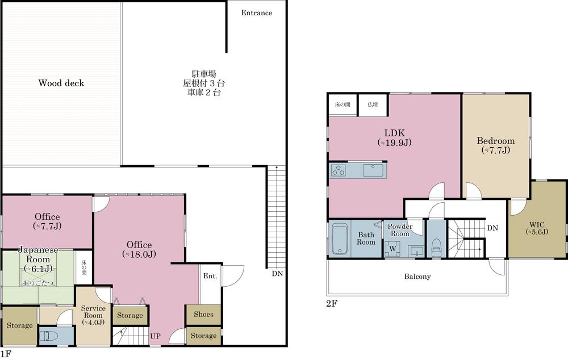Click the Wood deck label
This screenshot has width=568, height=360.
pyautogui.click(x=61, y=83)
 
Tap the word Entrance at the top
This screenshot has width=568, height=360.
pyautogui.click(x=257, y=12)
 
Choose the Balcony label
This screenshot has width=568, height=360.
pyautogui.click(x=417, y=277)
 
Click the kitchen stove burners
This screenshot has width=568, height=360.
pyautogui.click(x=339, y=170)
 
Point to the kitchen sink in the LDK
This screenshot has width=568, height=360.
pyautogui.click(x=373, y=170)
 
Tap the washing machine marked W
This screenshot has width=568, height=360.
pyautogui.click(x=392, y=249)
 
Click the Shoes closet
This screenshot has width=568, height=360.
pyautogui.click(x=203, y=315)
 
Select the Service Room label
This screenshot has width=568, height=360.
pyautogui.click(x=93, y=315)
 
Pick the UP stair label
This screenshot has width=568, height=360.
pyautogui.click(x=155, y=336)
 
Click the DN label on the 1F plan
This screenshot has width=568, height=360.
pyautogui.click(x=278, y=274)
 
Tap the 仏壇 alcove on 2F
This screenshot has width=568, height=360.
pyautogui.click(x=373, y=104)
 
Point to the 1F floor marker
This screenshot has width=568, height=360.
pyautogui.click(x=6, y=354)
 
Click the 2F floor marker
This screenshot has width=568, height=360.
pyautogui.click(x=332, y=303)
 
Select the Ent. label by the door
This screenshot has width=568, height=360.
pyautogui.click(x=210, y=276)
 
